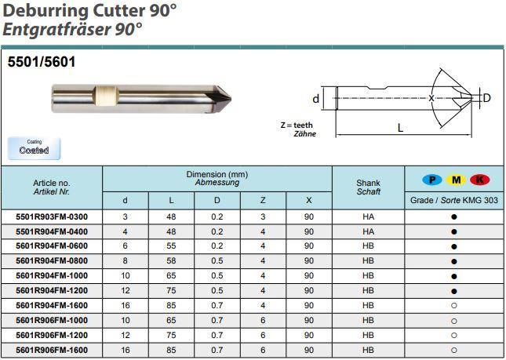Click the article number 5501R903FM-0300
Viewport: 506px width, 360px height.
(52, 216)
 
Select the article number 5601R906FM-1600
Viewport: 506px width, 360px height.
(52, 351)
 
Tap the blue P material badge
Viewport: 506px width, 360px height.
(432, 180)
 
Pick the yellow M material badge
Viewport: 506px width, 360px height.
(456, 180)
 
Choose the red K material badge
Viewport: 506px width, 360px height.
(480, 180)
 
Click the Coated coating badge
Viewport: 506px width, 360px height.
(34, 148)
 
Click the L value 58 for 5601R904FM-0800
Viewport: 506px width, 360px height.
(171, 260)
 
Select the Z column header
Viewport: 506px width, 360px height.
(263, 200)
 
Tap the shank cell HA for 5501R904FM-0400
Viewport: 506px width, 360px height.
(368, 231)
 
